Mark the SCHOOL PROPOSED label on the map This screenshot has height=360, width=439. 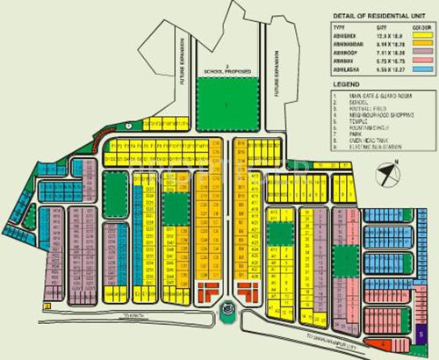pos(227,69)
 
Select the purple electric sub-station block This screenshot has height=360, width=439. pos(422,334)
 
